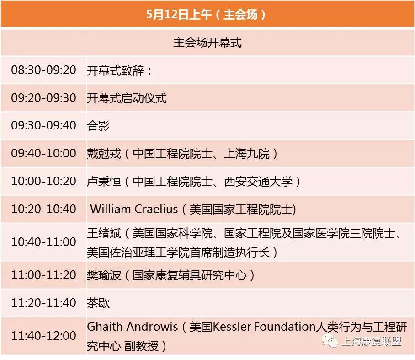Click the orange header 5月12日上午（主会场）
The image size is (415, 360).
tap(207, 14)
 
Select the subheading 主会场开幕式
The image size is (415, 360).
tap(207, 43)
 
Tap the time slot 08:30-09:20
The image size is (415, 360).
tap(44, 70)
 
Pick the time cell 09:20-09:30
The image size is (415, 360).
tap(44, 98)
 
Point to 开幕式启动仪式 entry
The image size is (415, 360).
tap(127, 98)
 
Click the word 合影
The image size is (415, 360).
tap(98, 125)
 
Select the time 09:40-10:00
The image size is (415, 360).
tap(44, 153)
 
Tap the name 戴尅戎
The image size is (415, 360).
tap(104, 153)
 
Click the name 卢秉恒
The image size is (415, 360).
tap(104, 181)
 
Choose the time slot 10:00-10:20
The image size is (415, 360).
tap(44, 181)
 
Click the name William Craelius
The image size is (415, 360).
tap(134, 209)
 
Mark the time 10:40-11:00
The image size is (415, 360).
tap(44, 242)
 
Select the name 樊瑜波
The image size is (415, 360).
tap(104, 275)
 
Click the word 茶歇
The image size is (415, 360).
tap(98, 303)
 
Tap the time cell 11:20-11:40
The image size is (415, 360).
tap(44, 303)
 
